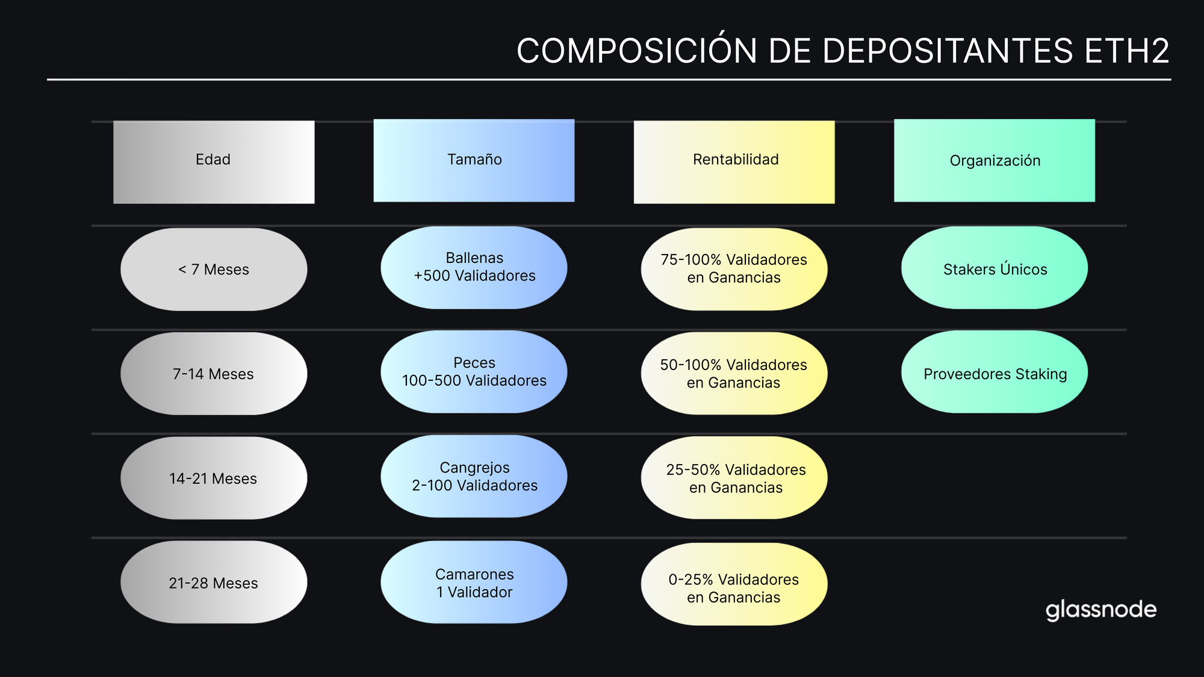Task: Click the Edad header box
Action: (214, 161)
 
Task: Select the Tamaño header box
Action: (474, 160)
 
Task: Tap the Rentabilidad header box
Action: (734, 161)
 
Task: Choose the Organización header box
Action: (994, 160)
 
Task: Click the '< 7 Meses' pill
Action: (214, 269)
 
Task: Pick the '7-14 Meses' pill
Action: (214, 373)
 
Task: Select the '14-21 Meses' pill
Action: (214, 478)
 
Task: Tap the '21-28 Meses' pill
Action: (214, 582)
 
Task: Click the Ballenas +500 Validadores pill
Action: (474, 267)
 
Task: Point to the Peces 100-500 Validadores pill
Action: (474, 372)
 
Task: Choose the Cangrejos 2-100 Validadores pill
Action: (474, 476)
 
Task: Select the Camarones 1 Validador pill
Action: (474, 582)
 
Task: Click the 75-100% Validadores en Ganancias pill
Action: (734, 269)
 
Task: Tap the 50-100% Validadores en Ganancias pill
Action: (734, 373)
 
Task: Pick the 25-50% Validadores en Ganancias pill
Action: (734, 478)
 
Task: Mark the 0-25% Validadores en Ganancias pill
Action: (734, 584)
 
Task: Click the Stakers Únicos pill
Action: (994, 268)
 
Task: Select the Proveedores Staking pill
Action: (994, 372)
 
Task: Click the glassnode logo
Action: (1100, 610)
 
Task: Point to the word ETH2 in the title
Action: (1126, 51)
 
